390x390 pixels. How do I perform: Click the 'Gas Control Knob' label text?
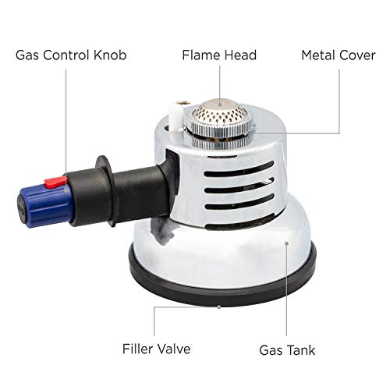coord(69,56)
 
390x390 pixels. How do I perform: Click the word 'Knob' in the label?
coord(110,56)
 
